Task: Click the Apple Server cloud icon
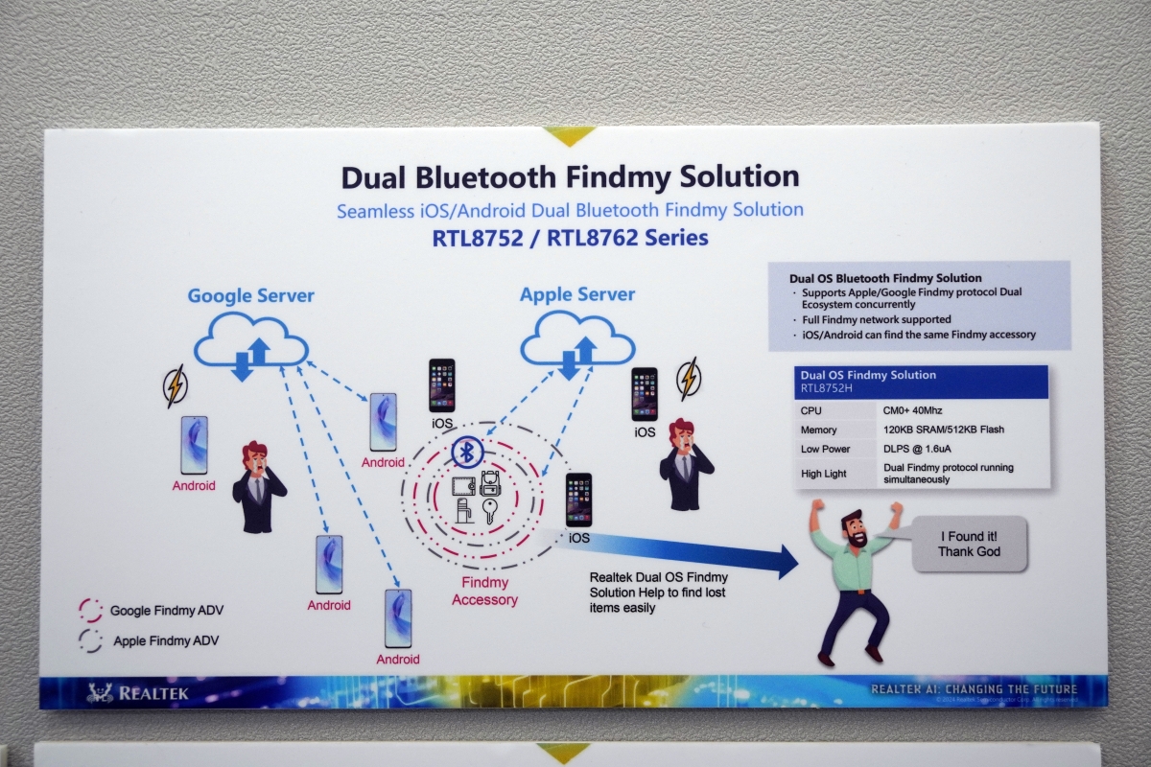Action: tap(577, 343)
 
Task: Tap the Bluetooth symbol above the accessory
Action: tap(466, 452)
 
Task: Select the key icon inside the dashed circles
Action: tap(490, 511)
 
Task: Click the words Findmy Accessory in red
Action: tap(484, 591)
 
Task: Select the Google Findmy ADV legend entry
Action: tap(166, 610)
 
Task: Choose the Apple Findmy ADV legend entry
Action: tap(165, 640)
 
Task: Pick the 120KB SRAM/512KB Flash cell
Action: tap(944, 430)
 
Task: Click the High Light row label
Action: tap(824, 474)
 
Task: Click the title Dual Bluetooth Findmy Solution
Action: tap(570, 177)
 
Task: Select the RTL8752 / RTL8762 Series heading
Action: tap(570, 238)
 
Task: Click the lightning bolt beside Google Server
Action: tap(175, 386)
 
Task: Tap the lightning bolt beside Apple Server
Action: tap(688, 378)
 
